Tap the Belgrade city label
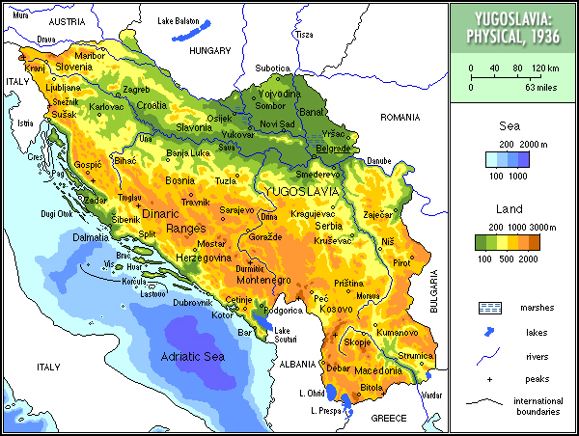[x=335, y=150]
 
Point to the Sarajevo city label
[x=236, y=209]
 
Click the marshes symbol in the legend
[x=491, y=308]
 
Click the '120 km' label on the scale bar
[x=546, y=68]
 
